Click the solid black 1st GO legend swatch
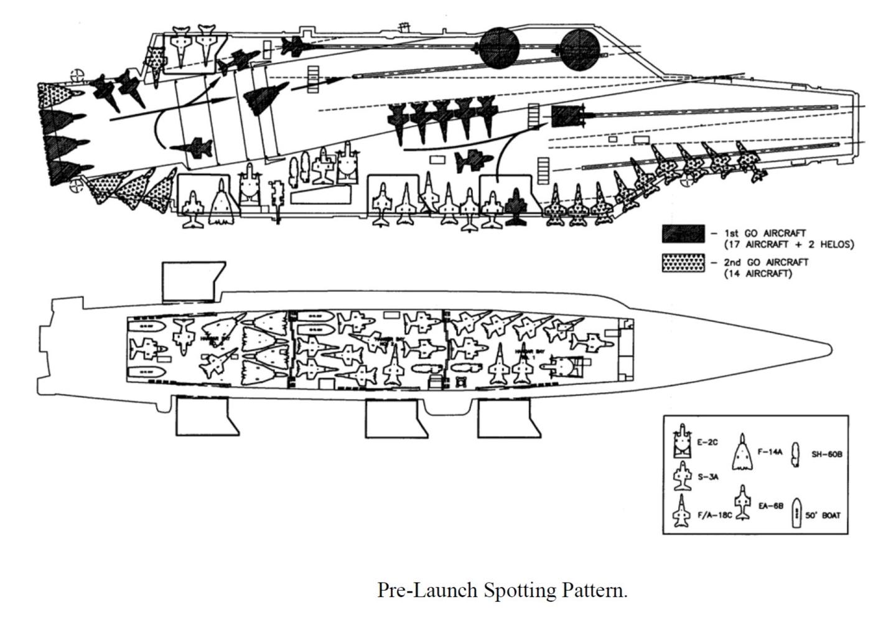pos(683,233)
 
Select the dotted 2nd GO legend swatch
pos(683,263)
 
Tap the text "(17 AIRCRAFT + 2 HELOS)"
pos(789,245)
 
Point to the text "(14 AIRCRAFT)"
pos(758,274)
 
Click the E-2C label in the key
pos(707,443)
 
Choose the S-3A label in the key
pos(708,477)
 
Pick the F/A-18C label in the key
pos(714,515)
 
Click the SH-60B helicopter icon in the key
pos(795,454)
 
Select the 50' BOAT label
pos(823,515)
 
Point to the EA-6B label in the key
pos(770,506)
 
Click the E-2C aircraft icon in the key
pos(683,441)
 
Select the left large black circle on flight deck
pos(499,47)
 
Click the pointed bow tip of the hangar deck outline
pos(831,348)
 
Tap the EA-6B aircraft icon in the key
pos(742,502)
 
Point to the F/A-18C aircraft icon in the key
pos(682,512)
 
